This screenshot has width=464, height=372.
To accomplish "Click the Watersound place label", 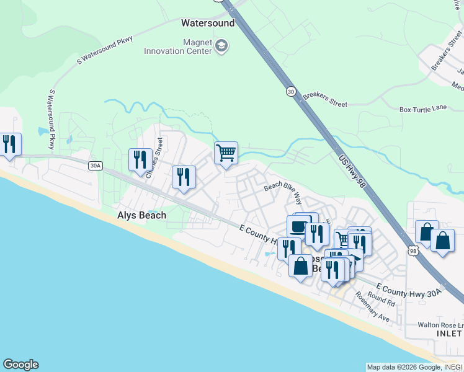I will [208, 24].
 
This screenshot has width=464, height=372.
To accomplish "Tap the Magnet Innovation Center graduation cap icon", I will [221, 46].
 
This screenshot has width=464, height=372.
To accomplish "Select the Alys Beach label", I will [142, 215].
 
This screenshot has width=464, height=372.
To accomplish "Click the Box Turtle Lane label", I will [423, 108].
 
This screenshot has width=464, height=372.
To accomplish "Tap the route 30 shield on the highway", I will [291, 91].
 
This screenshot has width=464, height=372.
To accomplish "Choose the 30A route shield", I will [95, 166].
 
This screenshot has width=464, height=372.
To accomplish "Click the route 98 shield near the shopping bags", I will [414, 250].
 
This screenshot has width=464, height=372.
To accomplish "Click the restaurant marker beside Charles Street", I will [140, 159].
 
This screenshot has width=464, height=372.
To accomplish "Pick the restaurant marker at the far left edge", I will [9, 144].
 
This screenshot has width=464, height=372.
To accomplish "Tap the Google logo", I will [20, 365].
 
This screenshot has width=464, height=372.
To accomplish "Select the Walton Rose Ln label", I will [440, 325].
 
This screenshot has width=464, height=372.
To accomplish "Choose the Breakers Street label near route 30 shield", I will [325, 100].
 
